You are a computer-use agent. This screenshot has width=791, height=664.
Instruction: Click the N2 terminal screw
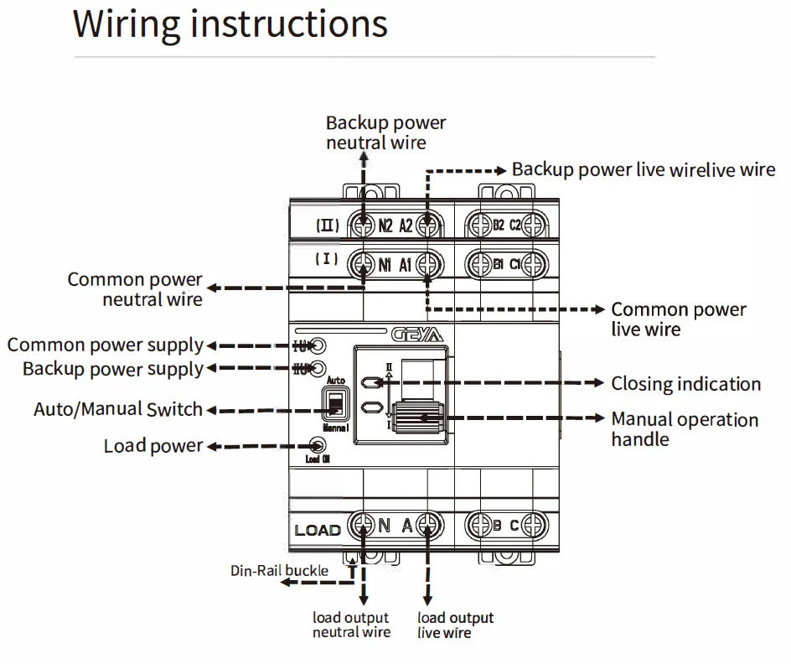363,226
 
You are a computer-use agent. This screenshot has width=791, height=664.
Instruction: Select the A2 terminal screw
428,226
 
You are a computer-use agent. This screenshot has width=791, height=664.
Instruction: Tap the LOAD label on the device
318,530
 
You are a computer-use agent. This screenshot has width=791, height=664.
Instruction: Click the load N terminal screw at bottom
363,526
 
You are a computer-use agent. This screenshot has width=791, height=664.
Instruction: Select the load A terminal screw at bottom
428,526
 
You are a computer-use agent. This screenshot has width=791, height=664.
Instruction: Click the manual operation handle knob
416,417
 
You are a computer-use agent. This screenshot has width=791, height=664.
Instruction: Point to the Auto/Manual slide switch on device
335,405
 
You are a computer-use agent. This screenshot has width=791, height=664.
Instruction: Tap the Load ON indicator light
318,446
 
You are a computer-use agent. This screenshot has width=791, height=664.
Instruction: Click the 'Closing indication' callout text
685,384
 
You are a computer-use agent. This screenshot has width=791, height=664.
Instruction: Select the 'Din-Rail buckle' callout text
279,571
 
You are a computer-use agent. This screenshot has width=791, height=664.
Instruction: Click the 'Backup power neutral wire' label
385,132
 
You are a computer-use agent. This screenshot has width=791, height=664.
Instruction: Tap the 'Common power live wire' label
678,319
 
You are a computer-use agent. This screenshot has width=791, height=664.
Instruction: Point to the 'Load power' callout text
153,446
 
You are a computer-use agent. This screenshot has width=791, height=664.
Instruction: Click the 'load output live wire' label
455,625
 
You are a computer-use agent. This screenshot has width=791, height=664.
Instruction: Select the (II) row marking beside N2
327,226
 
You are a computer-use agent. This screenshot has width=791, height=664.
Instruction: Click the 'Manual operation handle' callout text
684,429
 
